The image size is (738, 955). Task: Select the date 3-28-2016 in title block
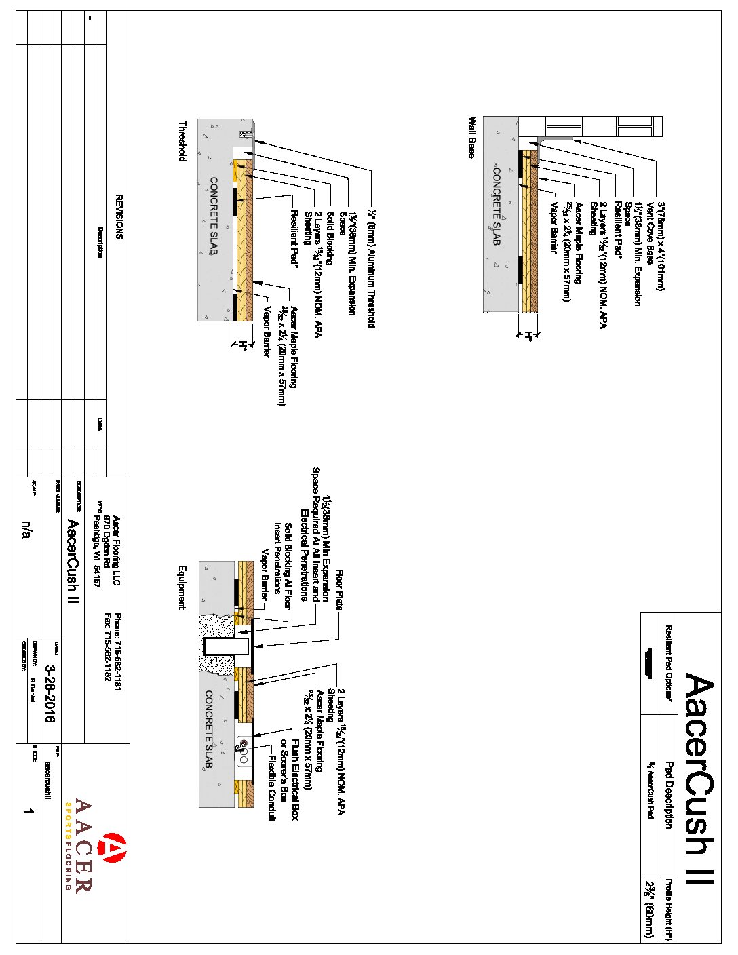tap(50, 692)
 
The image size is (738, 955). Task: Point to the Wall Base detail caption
tap(471, 138)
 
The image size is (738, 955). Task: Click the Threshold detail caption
tap(182, 142)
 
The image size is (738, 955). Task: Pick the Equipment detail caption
tap(182, 587)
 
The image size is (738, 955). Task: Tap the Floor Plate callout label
tap(339, 591)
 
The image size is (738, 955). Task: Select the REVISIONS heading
tap(119, 217)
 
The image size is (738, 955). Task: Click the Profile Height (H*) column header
tap(668, 909)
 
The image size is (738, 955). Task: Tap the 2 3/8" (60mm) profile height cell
tap(650, 909)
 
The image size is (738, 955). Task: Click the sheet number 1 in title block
tap(28, 811)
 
